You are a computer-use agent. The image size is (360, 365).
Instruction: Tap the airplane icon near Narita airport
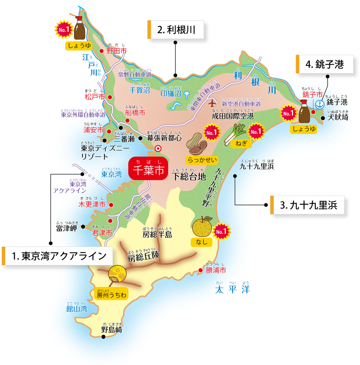coord(212,103)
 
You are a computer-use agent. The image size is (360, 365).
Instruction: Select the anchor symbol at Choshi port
coord(320,104)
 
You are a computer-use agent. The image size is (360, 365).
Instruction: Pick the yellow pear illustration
coord(202,227)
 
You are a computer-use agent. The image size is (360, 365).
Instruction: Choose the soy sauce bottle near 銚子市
coord(304,113)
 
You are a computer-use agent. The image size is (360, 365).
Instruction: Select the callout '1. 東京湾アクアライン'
coord(58,256)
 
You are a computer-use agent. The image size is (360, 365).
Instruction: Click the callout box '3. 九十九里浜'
coord(307,205)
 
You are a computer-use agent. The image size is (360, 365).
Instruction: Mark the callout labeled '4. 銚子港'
coord(325,64)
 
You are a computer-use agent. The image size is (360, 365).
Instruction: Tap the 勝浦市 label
coord(216,271)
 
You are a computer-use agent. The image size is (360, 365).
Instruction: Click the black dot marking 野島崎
coord(103,337)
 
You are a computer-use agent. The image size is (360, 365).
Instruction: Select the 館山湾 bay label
coord(77,309)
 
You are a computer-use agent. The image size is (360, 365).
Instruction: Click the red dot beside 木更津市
coord(111,205)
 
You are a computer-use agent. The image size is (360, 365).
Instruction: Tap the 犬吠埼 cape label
coord(338,117)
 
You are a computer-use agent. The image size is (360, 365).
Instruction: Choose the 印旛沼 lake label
coord(171,94)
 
